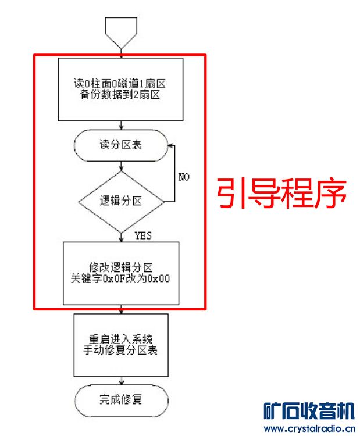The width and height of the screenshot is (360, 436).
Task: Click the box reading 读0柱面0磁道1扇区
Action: coord(120,90)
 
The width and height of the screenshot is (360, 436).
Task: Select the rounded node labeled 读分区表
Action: coord(120,145)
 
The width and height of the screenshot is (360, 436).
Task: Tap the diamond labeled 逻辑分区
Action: coord(120,202)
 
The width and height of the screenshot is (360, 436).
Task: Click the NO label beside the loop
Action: coord(183,176)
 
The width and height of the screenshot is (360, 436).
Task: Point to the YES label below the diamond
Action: coord(144,235)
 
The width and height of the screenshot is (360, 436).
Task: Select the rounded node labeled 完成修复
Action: coord(120,400)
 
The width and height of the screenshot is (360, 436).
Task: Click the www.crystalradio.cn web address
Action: coord(308,429)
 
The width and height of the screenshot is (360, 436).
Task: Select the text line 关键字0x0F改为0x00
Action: coord(120,278)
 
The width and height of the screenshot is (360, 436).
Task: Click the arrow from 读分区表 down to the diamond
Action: coord(120,165)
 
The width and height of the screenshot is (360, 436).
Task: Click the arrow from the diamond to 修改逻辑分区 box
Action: coord(120,236)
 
